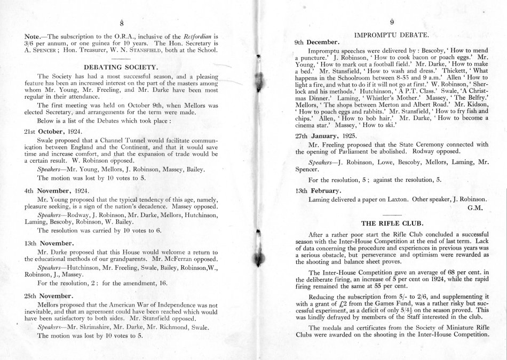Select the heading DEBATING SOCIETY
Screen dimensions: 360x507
coord(122,67)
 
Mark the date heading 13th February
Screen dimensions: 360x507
coord(319,190)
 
